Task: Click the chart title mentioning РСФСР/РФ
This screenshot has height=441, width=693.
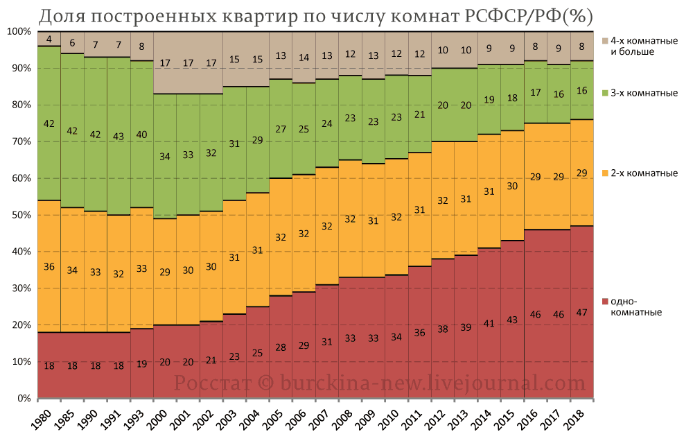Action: point(316,15)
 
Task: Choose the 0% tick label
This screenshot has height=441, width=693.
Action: point(23,399)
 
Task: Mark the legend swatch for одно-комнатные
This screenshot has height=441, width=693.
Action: point(606,302)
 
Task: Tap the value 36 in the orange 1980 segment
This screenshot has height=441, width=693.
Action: point(49,267)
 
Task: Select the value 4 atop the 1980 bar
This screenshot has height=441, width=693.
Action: point(49,40)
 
